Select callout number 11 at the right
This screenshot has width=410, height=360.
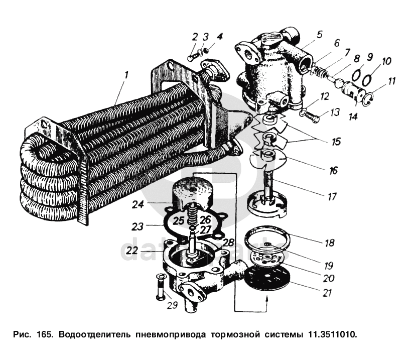(x=392, y=80)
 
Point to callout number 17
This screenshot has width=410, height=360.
(x=332, y=196)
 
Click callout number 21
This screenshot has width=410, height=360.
(x=327, y=293)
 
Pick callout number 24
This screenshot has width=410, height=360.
(x=138, y=205)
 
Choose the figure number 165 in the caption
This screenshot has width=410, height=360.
(x=42, y=333)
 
